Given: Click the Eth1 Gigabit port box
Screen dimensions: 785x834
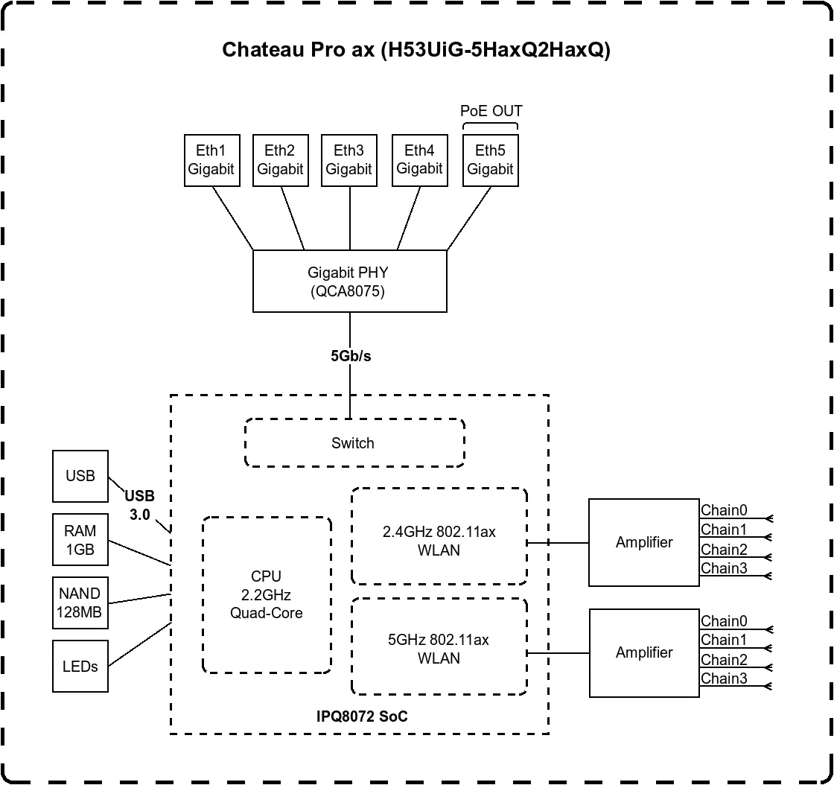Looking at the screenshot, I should click(x=211, y=160).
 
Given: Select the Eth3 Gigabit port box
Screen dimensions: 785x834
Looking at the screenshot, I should click(x=348, y=160).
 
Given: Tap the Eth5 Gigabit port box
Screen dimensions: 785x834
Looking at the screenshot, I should click(x=490, y=160).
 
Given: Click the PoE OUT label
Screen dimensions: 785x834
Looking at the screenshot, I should click(x=491, y=111).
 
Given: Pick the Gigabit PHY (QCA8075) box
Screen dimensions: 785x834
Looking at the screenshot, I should click(x=349, y=282).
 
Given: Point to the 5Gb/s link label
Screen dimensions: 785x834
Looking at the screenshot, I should click(x=351, y=356).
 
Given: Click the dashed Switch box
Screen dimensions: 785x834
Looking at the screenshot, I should click(x=354, y=443).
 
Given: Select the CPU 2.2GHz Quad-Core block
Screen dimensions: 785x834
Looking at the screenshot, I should click(x=267, y=594).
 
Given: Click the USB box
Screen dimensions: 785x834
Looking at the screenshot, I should click(x=80, y=476).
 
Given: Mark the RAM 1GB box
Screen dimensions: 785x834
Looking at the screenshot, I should click(x=80, y=539).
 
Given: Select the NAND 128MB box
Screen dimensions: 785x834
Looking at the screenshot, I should click(x=80, y=603).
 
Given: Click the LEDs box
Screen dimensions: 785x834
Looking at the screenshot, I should click(x=80, y=666).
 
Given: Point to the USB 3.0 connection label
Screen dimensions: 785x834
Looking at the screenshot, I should click(x=139, y=505).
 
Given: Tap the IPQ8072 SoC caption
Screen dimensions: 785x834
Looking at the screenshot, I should click(x=362, y=716).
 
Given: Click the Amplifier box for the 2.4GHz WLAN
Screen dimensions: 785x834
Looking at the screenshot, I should click(x=644, y=542).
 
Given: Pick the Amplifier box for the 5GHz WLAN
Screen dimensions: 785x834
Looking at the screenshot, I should click(x=644, y=652).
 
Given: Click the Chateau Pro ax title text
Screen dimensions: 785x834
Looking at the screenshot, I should click(x=416, y=51).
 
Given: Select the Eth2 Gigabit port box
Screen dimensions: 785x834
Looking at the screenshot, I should click(x=280, y=160).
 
